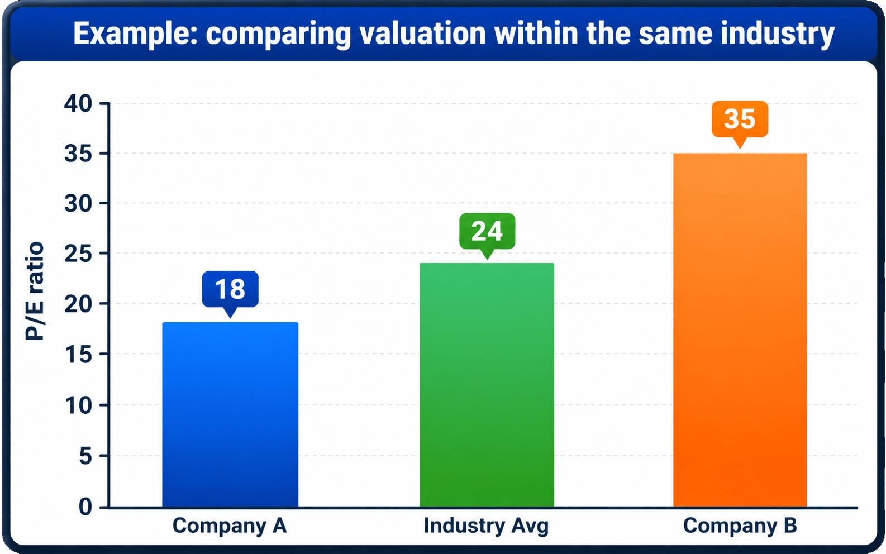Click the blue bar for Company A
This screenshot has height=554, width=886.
230,414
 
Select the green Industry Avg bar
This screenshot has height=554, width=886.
487,385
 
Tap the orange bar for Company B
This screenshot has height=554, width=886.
740,330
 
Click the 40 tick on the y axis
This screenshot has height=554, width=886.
78,104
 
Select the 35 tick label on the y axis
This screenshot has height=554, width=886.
78,154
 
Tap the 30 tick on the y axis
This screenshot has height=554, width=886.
78,204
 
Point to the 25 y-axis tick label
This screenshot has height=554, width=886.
78,254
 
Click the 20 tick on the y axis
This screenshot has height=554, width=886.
78,304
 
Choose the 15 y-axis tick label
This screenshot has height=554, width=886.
78,355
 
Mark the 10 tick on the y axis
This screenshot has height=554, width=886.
78,405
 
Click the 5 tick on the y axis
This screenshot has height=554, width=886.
85,456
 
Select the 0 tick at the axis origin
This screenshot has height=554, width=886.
85,507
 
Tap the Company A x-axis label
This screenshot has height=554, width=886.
230,526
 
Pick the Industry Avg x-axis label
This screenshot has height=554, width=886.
487,526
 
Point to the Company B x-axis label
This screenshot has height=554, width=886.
740,526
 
